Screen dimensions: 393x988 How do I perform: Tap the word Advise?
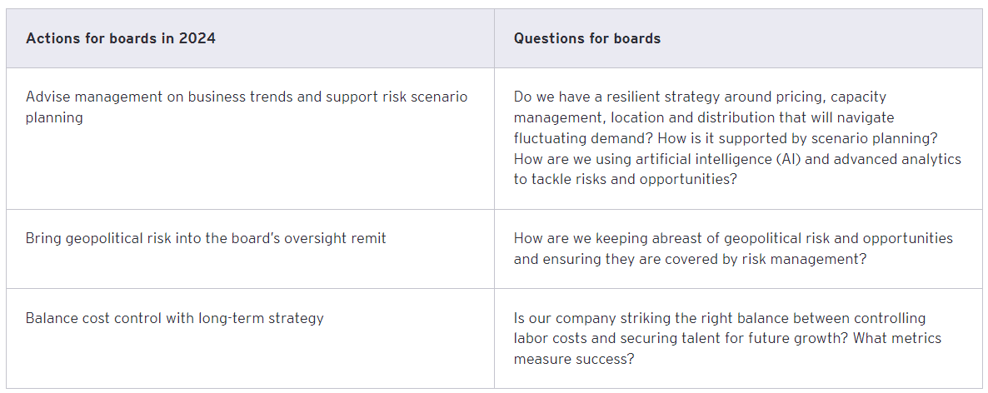coord(47,97)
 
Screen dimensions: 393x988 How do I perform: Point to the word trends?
coord(272,97)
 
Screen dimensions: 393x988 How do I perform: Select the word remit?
coord(367,238)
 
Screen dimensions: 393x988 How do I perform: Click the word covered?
coord(689,259)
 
